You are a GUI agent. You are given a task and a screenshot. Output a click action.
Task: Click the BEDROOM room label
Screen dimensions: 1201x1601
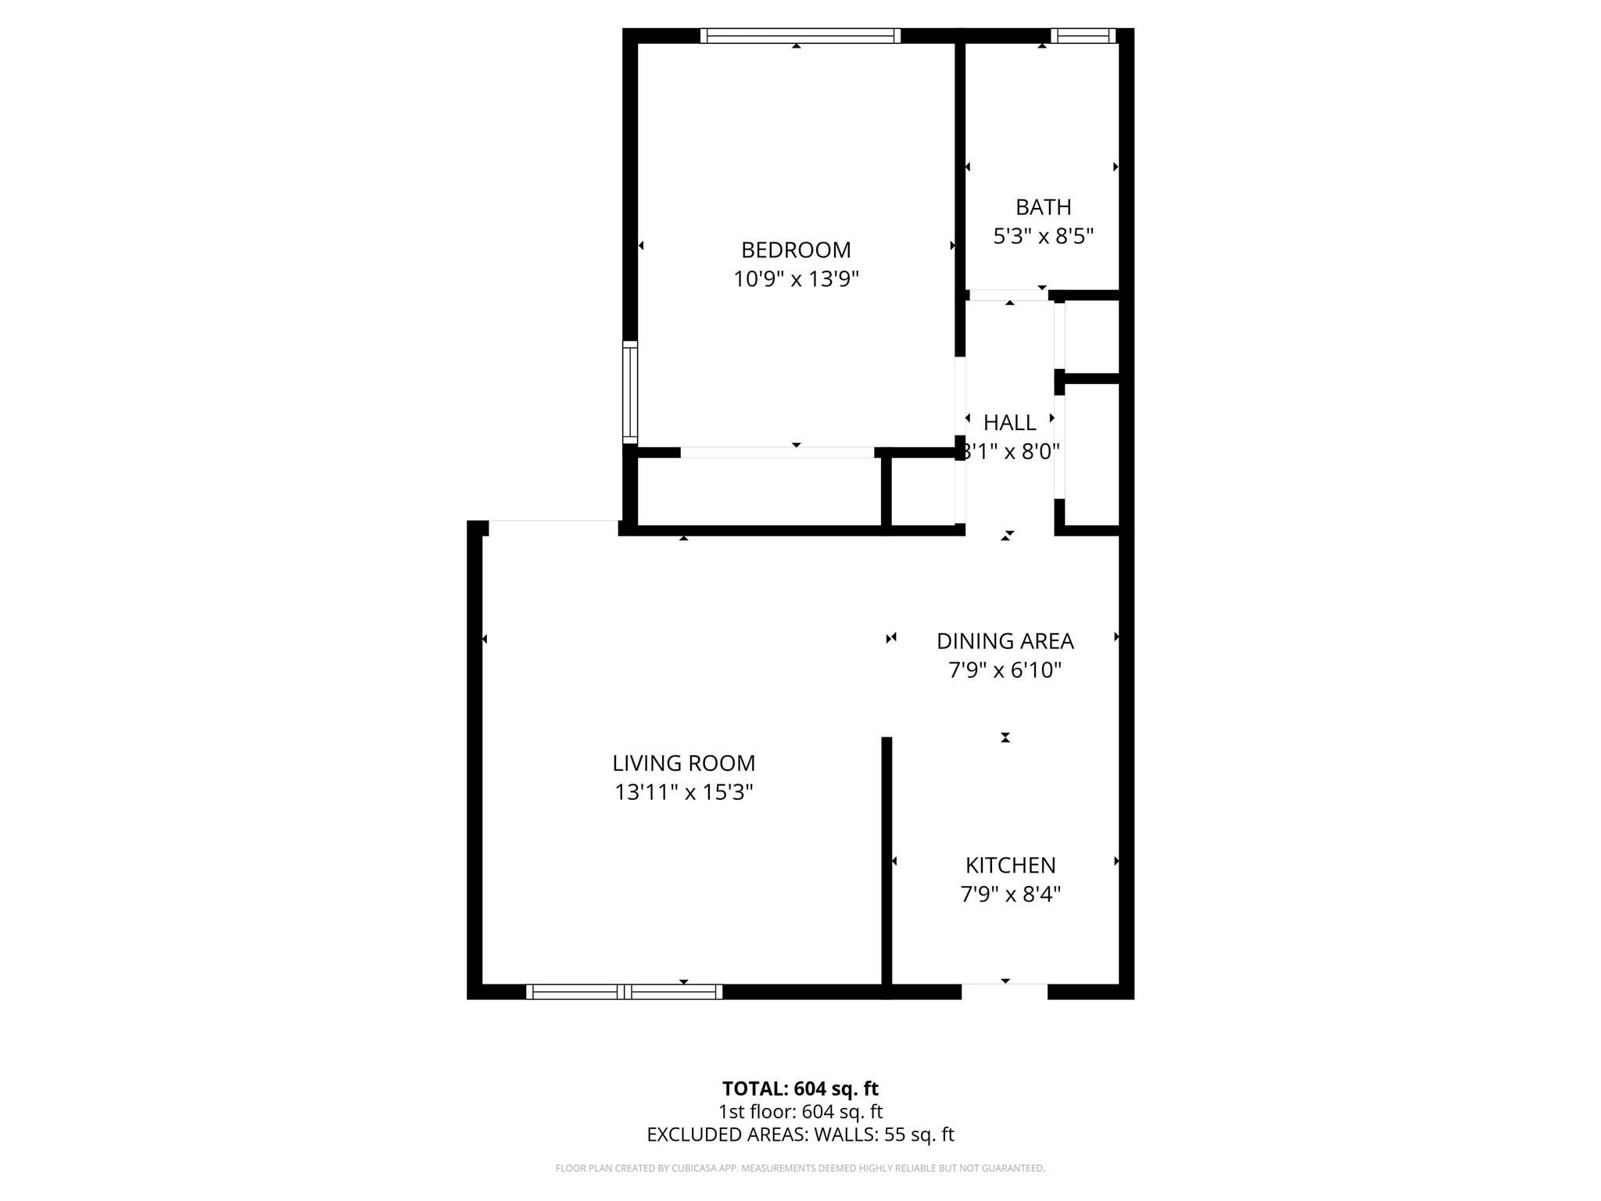[x=796, y=250]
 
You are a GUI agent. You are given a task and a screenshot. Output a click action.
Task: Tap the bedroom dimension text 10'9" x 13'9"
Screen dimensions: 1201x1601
[x=796, y=279]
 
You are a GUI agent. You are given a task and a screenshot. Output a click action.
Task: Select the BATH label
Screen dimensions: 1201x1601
[x=1043, y=207]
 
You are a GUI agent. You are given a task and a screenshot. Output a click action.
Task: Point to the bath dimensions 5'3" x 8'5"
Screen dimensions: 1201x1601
[x=1043, y=236]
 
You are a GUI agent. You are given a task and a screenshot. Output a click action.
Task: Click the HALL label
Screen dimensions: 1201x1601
[x=1009, y=423]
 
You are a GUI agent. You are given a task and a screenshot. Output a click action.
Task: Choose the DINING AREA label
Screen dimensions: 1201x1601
[x=1005, y=641]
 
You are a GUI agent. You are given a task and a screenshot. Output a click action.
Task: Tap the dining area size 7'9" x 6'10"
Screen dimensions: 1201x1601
[x=1005, y=670]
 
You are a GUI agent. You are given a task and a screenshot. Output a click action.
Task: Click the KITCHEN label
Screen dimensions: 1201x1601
[x=1010, y=866]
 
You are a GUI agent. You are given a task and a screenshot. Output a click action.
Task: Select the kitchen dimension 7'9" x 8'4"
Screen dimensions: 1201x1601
[x=1010, y=894]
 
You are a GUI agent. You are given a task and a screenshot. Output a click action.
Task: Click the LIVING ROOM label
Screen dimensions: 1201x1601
[x=683, y=763]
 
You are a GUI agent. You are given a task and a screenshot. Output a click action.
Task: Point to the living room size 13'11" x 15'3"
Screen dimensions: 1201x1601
[x=683, y=792]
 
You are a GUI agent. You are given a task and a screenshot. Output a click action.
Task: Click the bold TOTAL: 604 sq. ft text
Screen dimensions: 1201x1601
[x=800, y=1088]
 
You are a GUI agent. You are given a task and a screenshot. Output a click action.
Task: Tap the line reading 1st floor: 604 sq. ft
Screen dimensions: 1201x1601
[x=800, y=1111]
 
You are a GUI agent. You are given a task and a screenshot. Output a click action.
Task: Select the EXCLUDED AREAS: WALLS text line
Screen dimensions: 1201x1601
[x=800, y=1135]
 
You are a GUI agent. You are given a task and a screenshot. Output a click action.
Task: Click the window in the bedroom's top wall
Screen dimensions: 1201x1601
[x=800, y=36]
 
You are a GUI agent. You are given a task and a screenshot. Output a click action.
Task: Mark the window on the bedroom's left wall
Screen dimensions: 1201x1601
[x=630, y=393]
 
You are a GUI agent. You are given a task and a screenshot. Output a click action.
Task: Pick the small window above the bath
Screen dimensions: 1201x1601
[x=1083, y=36]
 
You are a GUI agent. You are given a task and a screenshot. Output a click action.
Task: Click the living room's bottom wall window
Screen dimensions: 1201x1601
[x=623, y=991]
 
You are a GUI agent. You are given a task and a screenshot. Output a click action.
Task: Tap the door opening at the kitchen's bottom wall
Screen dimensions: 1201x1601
[x=1004, y=991]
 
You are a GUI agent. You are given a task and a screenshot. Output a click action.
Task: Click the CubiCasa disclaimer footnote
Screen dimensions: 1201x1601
[x=800, y=1168]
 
